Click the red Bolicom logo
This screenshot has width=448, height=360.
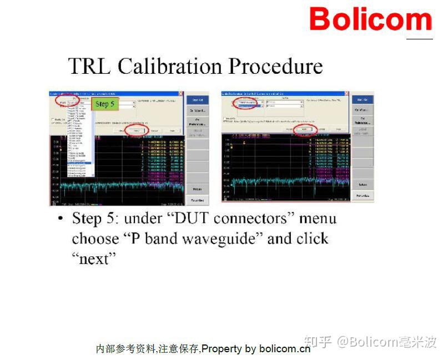(370, 19)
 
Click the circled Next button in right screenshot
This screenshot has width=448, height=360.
(304, 129)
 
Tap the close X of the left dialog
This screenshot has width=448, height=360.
(180, 94)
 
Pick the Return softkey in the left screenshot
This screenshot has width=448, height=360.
(197, 189)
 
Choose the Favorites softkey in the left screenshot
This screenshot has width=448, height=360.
(197, 200)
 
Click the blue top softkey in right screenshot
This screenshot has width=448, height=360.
(362, 99)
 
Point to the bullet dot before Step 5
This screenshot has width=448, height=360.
(61, 218)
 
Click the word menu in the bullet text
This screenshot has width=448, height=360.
(318, 218)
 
